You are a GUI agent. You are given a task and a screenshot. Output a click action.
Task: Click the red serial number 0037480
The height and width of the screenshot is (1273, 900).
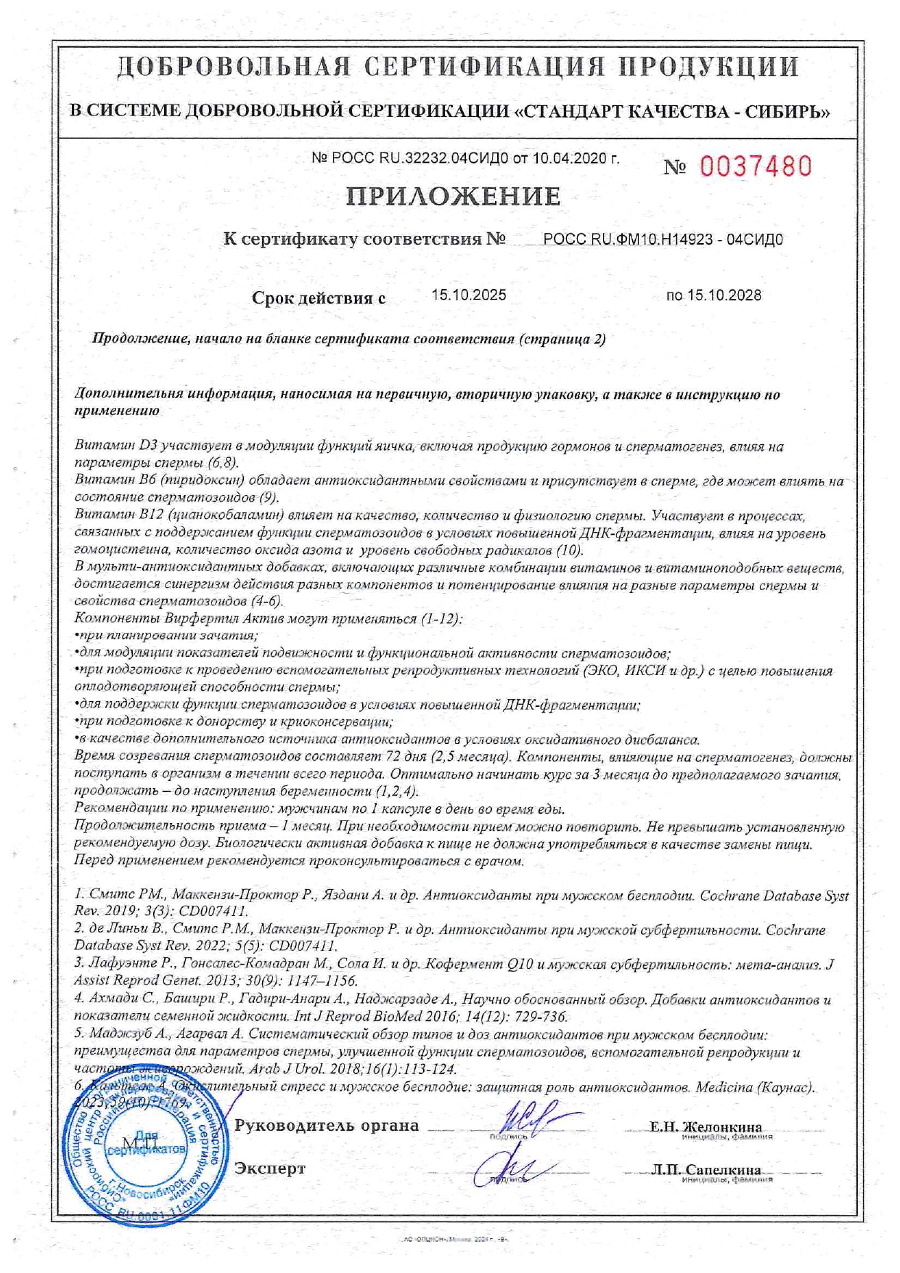756,167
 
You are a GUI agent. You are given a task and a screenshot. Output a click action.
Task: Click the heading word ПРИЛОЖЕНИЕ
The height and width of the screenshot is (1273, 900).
453,197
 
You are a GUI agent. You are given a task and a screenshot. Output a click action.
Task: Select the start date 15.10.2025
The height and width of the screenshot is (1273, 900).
469,295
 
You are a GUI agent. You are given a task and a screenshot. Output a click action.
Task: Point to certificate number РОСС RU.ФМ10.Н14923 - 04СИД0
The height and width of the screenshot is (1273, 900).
663,240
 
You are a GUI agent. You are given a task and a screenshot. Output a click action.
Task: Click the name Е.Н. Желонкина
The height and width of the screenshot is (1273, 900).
705,1126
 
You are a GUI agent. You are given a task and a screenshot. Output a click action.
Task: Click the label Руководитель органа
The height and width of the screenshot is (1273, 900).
327,1125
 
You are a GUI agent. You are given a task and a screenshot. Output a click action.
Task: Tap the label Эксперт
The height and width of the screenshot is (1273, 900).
270,1168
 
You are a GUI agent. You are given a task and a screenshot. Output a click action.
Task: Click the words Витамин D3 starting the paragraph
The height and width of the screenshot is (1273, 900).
116,446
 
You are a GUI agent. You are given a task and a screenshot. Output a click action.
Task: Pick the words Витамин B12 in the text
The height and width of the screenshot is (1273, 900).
120,516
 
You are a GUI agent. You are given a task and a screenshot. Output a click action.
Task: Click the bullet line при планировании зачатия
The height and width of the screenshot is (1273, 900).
168,636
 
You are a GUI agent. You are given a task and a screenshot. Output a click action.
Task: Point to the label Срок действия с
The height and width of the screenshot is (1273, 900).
318,298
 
